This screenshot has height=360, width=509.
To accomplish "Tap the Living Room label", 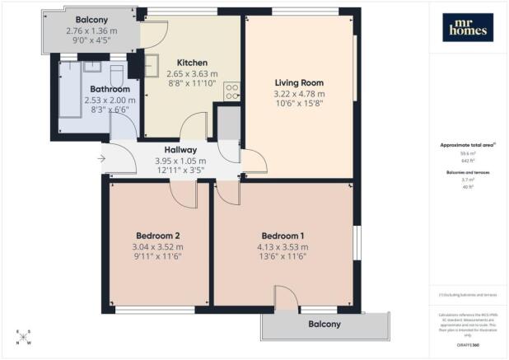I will pyautogui.click(x=299, y=82).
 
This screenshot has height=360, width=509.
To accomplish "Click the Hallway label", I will pyautogui.click(x=173, y=149).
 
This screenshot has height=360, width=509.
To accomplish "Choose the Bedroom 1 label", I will pyautogui.click(x=283, y=235).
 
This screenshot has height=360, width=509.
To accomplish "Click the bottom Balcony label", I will pyautogui.click(x=324, y=325).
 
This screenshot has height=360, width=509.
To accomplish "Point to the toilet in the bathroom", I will pyautogui.click(x=115, y=69).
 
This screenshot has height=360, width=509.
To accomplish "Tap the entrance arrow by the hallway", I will pyautogui.click(x=100, y=159).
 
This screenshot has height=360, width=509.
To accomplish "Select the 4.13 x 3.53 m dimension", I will pyautogui.click(x=283, y=246).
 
